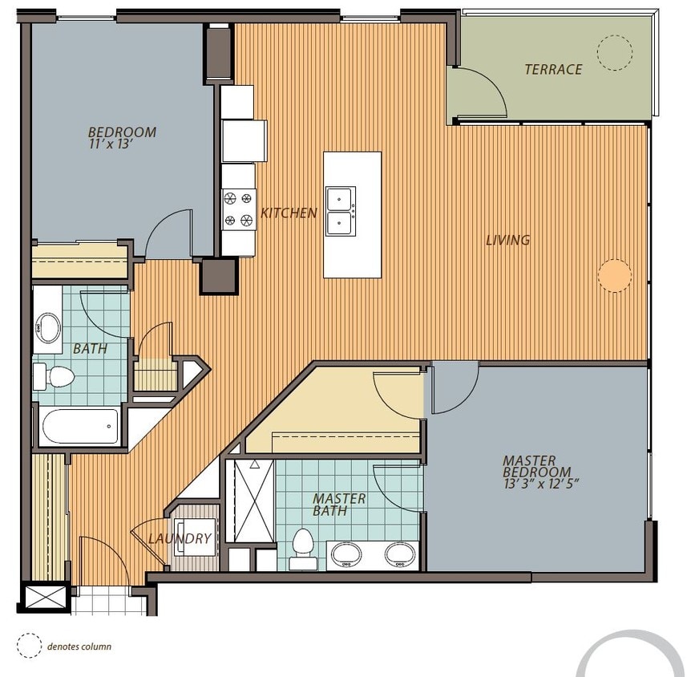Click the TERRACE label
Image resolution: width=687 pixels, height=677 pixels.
pos(553,69)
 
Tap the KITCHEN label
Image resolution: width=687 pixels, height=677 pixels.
pos(289,213)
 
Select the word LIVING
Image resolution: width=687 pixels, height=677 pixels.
pos(507,240)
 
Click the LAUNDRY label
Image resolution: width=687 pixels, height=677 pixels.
pos(180,538)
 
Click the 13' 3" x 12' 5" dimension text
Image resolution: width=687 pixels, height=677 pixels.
pos(542,484)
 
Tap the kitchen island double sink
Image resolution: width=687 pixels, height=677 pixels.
pos(341,211)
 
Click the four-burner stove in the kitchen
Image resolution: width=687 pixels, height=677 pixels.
pos(239,209)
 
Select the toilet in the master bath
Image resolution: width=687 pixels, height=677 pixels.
pos(303,549)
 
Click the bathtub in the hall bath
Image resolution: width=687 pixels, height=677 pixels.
pos(80,426)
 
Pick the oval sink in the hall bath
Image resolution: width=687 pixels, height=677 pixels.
pos(48,328)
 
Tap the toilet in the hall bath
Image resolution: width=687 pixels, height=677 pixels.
pos(54,376)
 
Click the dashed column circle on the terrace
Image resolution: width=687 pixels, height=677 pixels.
pos(615,35)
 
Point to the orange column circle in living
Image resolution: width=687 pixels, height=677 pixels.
pos(615,275)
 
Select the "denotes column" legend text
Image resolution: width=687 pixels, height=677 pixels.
pos(79,647)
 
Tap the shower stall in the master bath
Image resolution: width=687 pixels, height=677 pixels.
pos(254,501)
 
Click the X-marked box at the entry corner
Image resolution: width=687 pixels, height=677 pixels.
pos(46,598)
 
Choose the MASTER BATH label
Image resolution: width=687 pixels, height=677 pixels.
pos(338,505)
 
